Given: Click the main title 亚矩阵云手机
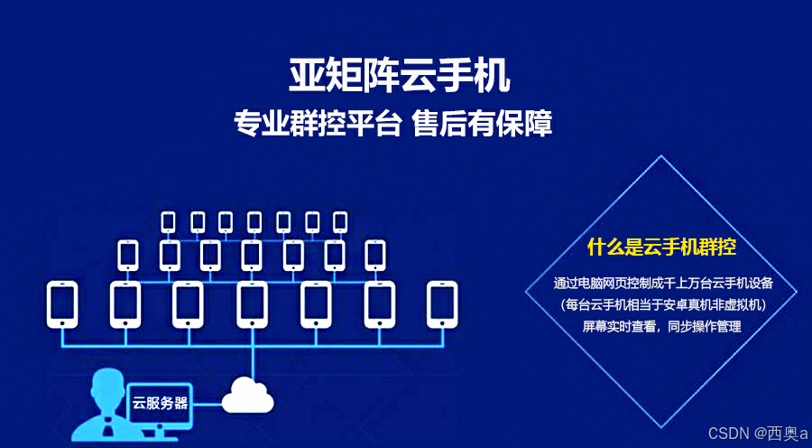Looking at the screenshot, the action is (x=399, y=76).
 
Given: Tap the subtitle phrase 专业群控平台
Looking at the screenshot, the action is (x=317, y=122).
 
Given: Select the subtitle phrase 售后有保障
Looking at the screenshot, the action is (x=482, y=122).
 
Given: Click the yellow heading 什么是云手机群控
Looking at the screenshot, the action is (x=662, y=247).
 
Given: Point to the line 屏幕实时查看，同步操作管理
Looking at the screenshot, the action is (x=662, y=326).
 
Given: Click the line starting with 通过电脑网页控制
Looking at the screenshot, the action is (x=662, y=284).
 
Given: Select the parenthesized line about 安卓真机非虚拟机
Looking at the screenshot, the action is (x=662, y=305).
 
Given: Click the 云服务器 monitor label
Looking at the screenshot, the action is (x=161, y=402).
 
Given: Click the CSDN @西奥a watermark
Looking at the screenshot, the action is (x=758, y=434).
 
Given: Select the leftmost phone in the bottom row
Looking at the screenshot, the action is (x=61, y=303).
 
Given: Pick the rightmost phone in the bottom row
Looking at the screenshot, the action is (x=442, y=303).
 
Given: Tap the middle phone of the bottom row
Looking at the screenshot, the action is (x=252, y=303).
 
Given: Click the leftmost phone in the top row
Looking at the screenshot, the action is (x=169, y=221).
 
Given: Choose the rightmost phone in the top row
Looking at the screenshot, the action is (x=340, y=221).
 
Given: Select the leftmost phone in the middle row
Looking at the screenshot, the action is (x=127, y=255).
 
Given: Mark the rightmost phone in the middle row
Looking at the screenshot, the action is (x=375, y=255).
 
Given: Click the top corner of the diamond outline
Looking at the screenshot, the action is (x=662, y=156).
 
